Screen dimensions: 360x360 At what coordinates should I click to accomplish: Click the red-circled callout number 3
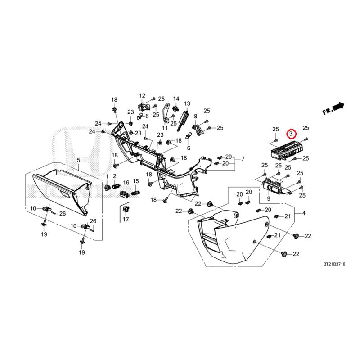(x=291, y=133)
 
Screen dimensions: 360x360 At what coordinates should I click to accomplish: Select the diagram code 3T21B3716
(x=334, y=264)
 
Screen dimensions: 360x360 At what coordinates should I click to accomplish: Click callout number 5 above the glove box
(x=78, y=160)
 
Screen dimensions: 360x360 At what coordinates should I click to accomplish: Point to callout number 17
(x=126, y=219)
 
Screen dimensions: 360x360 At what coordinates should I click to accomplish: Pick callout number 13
(x=187, y=103)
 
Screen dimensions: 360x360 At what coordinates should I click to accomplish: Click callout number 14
(x=176, y=99)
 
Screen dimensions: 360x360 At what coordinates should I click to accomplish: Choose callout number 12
(x=142, y=95)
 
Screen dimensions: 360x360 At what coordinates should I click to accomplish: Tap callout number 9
(x=269, y=198)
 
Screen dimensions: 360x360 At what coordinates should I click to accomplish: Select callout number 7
(x=243, y=159)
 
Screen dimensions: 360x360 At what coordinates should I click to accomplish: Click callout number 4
(x=304, y=213)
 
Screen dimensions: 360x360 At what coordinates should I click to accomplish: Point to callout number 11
(x=165, y=128)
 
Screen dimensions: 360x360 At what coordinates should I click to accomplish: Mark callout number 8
(x=196, y=117)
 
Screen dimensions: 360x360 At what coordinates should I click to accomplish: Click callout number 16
(x=126, y=183)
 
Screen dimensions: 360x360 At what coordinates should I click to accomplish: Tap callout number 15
(x=136, y=181)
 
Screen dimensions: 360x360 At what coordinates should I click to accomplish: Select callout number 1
(x=107, y=176)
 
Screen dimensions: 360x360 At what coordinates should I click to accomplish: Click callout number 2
(x=115, y=176)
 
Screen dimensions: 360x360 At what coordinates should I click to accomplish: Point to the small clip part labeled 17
(x=126, y=209)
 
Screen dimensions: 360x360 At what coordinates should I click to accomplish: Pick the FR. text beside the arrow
(x=328, y=111)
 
